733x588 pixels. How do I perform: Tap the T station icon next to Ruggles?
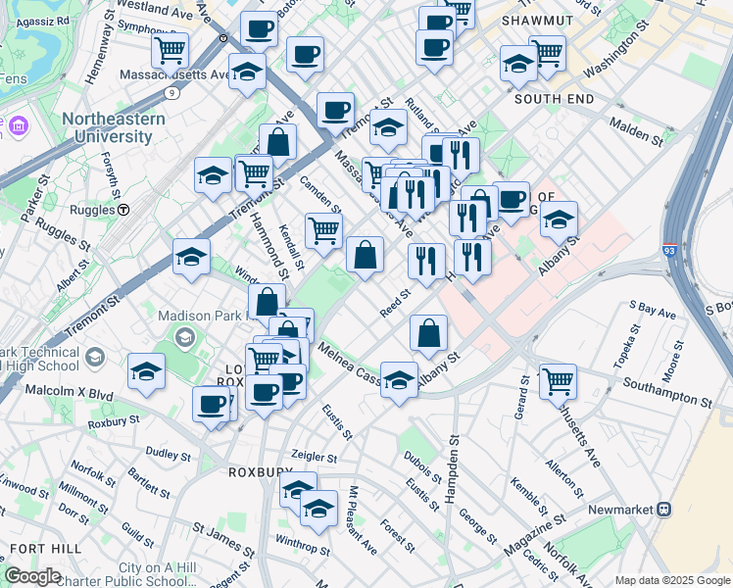point(123,209)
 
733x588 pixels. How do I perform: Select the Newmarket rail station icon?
point(664,510)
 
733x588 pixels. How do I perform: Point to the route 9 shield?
point(171,93)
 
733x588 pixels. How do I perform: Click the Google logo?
point(32,576)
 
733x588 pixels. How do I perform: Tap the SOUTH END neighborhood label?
point(553,99)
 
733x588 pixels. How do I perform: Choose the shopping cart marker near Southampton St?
point(558,380)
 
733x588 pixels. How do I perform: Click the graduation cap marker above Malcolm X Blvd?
point(146,371)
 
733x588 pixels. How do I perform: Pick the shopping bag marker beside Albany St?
point(428,332)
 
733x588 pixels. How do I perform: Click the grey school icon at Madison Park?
point(183,338)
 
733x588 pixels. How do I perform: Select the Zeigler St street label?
point(315,457)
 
